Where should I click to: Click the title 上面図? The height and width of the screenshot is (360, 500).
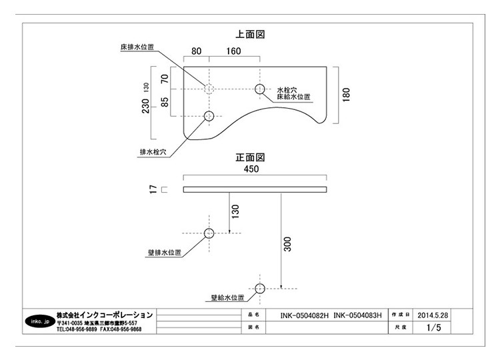pyautogui.click(x=251, y=33)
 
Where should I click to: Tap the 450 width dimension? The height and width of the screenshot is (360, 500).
pyautogui.click(x=251, y=170)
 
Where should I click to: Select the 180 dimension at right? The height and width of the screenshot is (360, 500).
pyautogui.click(x=346, y=95)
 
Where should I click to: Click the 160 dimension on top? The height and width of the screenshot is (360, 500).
pyautogui.click(x=233, y=51)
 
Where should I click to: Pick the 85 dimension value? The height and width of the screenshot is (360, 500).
pyautogui.click(x=165, y=105)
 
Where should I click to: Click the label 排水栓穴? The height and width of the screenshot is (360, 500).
pyautogui.click(x=153, y=151)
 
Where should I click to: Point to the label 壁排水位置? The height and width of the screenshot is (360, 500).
pyautogui.click(x=165, y=253)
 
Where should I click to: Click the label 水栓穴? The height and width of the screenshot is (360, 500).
pyautogui.click(x=287, y=89)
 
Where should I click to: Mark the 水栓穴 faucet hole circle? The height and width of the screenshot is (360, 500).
pyautogui.click(x=259, y=89)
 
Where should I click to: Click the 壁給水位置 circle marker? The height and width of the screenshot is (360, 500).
pyautogui.click(x=259, y=288)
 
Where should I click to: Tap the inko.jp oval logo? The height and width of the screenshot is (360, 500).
pyautogui.click(x=37, y=321)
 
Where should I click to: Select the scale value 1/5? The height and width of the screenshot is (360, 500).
pyautogui.click(x=434, y=328)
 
